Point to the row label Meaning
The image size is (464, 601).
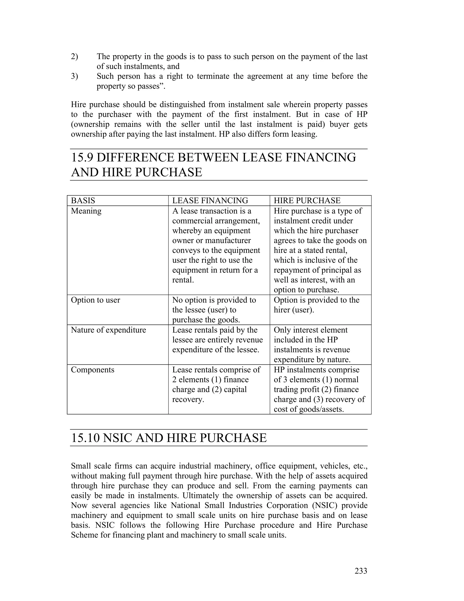[x=86, y=211]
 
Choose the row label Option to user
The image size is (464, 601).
[x=95, y=300]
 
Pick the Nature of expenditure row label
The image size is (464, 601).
[x=108, y=330]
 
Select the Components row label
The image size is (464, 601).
[x=92, y=370]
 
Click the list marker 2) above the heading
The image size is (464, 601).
[x=75, y=57]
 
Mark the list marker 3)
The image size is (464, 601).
[x=75, y=76]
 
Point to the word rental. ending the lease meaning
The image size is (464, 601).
[x=183, y=280]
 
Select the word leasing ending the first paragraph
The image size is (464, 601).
[x=303, y=134]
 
